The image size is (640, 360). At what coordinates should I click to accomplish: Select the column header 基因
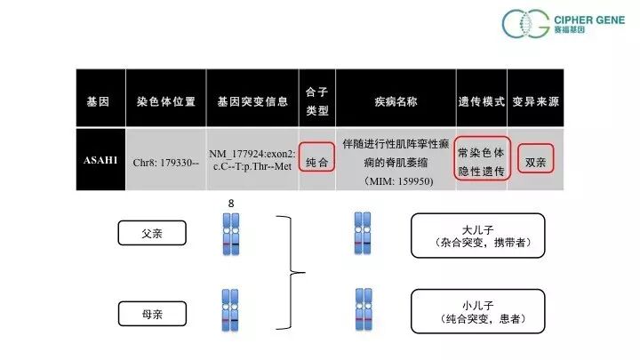[x=98, y=102]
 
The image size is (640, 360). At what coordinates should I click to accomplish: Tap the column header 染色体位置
[x=167, y=102]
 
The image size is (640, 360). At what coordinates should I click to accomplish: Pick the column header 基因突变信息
[x=252, y=102]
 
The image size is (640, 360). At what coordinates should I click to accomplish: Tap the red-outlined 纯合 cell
[x=317, y=164]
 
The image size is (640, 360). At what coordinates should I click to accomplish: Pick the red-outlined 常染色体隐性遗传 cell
[x=481, y=158]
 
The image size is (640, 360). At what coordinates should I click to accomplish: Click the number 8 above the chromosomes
[x=230, y=204]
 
